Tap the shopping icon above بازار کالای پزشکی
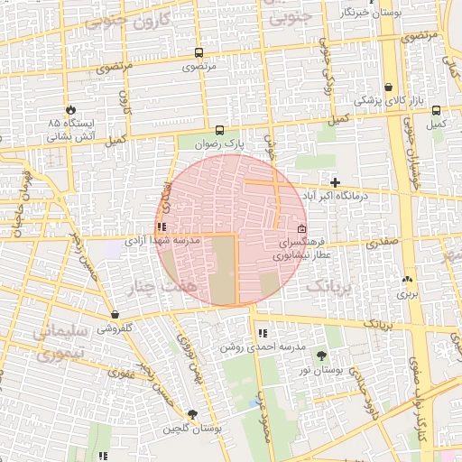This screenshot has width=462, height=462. [x=388, y=88]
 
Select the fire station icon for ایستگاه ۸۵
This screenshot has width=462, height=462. [x=66, y=106]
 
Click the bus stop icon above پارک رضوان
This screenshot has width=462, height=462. [x=218, y=129]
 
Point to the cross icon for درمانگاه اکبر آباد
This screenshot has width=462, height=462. [x=335, y=182]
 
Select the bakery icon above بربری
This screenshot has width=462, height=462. [x=407, y=279]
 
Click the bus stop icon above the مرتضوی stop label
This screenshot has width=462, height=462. [x=199, y=52]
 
